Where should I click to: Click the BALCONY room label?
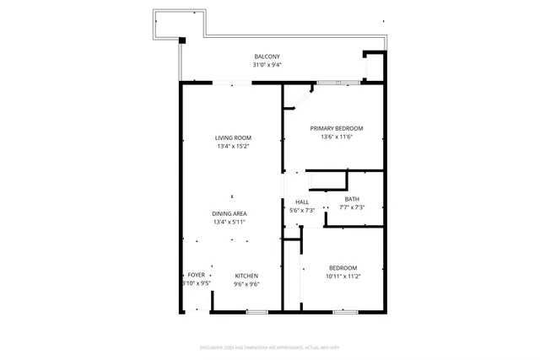pos(267,56)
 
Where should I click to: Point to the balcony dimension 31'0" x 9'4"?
pos(267,65)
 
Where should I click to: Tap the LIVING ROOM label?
pos(233,137)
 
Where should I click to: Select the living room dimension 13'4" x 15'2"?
pos(233,147)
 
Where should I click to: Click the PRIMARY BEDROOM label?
pos(336,128)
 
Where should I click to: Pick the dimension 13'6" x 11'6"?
pos(336,137)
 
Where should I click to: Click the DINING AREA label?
pos(229,213)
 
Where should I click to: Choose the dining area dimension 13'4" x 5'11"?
pos(229,223)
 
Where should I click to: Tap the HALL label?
pos(302,201)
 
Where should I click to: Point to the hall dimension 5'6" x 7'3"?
pos(302,210)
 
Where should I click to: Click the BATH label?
pos(352,199)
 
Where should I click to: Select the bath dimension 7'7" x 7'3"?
pos(352,207)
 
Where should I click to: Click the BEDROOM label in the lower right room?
pos(343,267)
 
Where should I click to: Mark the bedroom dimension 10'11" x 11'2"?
pos(343,276)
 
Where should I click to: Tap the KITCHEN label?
pos(246,276)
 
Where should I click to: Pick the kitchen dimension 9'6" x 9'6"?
pos(246,284)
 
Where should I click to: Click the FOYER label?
pos(196,275)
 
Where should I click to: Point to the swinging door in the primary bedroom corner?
pos(290,102)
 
